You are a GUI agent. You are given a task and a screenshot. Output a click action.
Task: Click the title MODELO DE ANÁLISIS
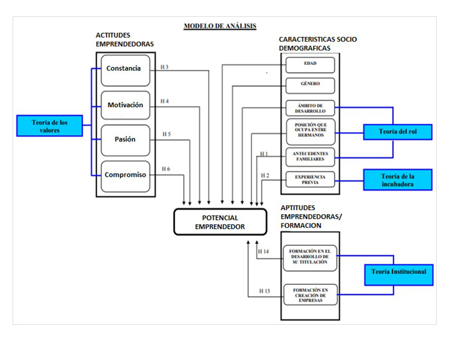219,26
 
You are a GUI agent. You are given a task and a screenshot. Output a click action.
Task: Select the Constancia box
124,69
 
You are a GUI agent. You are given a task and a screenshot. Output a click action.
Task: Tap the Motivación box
125,105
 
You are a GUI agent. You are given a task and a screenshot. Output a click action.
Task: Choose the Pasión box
125,140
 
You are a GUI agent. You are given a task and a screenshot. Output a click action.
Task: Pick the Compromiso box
125,175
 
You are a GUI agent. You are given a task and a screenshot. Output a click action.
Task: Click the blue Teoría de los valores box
49,126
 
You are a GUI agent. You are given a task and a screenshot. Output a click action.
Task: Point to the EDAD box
310,64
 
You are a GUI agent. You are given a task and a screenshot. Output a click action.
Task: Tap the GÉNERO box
310,84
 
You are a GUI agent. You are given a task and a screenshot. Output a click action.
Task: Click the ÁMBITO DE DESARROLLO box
310,108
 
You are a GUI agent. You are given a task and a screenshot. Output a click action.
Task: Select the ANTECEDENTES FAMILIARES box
310,156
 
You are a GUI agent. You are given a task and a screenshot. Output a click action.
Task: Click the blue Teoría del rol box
398,132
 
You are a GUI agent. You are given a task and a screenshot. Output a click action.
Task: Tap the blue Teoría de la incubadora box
398,180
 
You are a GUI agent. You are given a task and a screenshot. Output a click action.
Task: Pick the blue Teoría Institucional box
399,273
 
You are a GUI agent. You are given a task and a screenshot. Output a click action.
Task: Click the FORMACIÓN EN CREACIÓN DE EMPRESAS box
310,295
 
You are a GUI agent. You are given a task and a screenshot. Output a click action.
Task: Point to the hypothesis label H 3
165,67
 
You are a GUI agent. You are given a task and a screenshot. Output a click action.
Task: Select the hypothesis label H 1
265,154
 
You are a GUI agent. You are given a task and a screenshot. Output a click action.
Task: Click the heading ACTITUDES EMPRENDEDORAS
125,40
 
